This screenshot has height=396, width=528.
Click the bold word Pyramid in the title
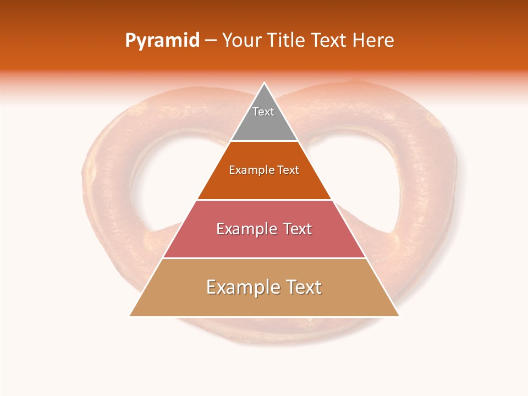pyautogui.click(x=162, y=41)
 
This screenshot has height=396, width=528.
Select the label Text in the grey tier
pyautogui.click(x=263, y=112)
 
